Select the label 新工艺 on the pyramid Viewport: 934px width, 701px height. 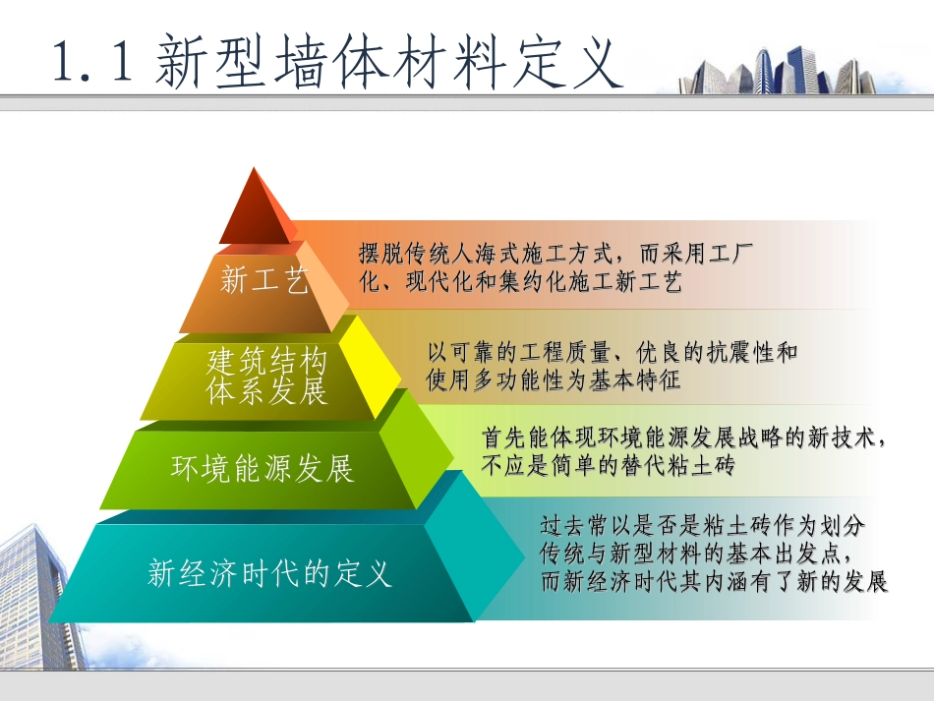263,281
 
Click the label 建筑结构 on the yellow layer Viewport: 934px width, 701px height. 265,362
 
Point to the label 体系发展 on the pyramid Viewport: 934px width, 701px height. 265,392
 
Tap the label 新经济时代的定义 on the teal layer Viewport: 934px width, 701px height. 269,572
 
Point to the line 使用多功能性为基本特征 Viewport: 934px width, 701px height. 553,380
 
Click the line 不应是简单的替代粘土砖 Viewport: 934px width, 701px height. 608,466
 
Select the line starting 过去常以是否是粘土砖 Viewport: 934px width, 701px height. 702,525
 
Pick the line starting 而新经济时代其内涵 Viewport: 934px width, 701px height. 714,581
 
